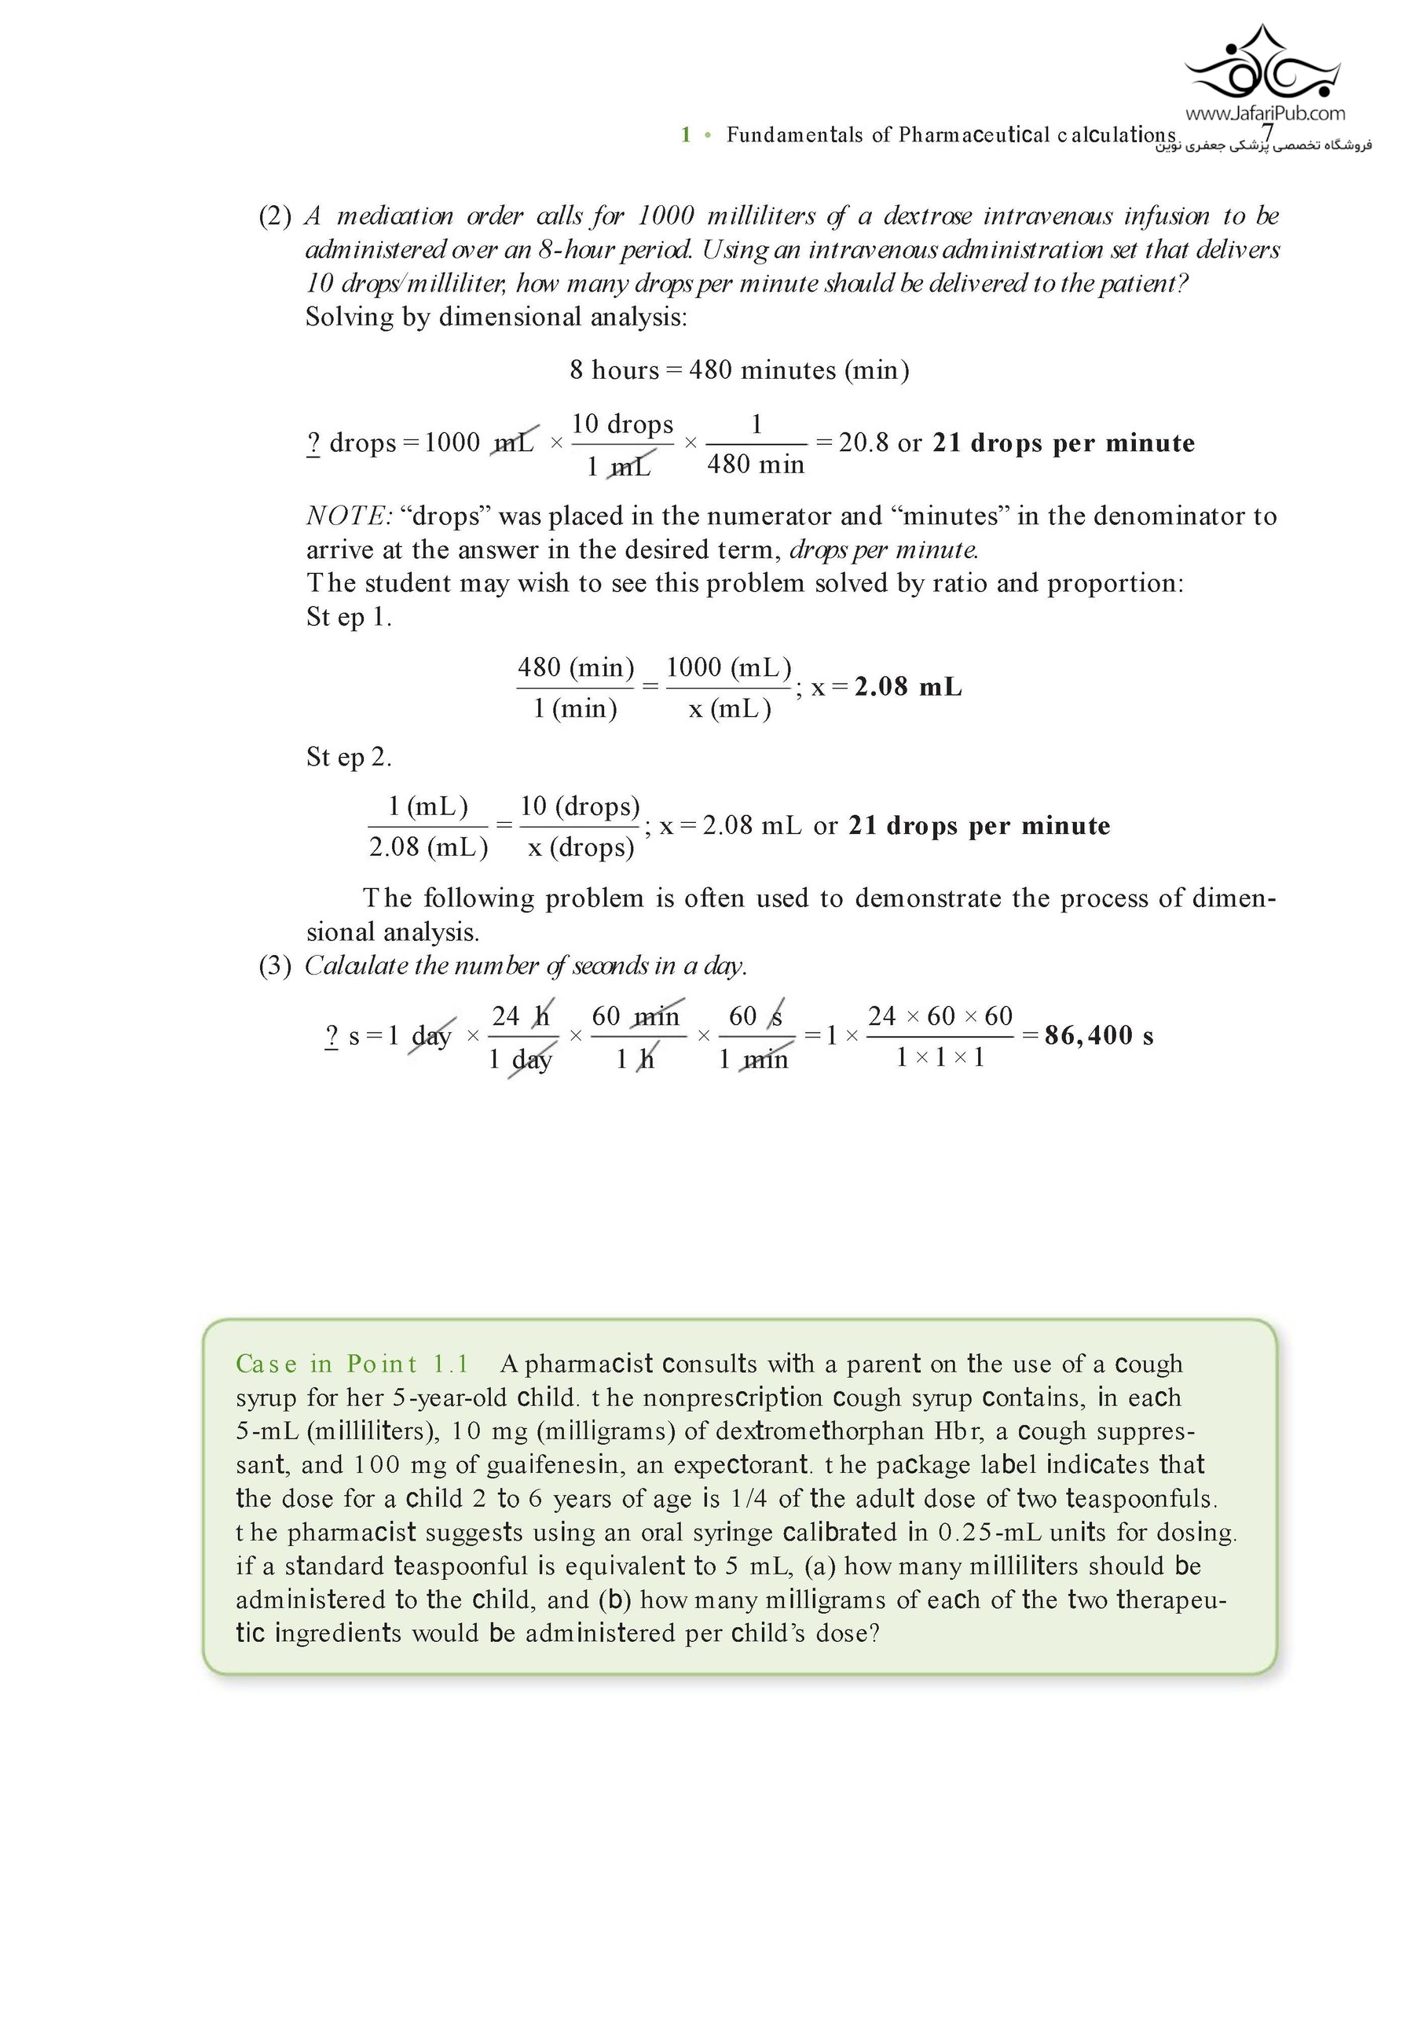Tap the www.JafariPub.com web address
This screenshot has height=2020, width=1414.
click(x=1265, y=112)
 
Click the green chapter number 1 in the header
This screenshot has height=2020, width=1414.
click(x=685, y=134)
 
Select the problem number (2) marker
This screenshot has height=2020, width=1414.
click(x=274, y=216)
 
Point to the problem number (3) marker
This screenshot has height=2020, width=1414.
click(x=274, y=966)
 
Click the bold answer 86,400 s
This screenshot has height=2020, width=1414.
click(x=1098, y=1035)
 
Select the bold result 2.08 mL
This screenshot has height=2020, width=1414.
click(x=907, y=687)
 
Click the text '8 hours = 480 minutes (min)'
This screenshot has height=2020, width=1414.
click(x=738, y=370)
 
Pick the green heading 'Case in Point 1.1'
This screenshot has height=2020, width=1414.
click(x=353, y=1364)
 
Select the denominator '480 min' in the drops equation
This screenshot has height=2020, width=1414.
click(x=756, y=465)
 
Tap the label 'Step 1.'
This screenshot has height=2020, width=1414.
click(x=348, y=618)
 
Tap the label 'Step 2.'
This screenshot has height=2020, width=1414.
click(x=348, y=758)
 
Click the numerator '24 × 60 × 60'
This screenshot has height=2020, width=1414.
click(x=940, y=1017)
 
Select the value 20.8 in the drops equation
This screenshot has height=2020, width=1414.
click(x=863, y=443)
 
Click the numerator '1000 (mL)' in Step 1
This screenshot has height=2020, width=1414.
click(x=728, y=668)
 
